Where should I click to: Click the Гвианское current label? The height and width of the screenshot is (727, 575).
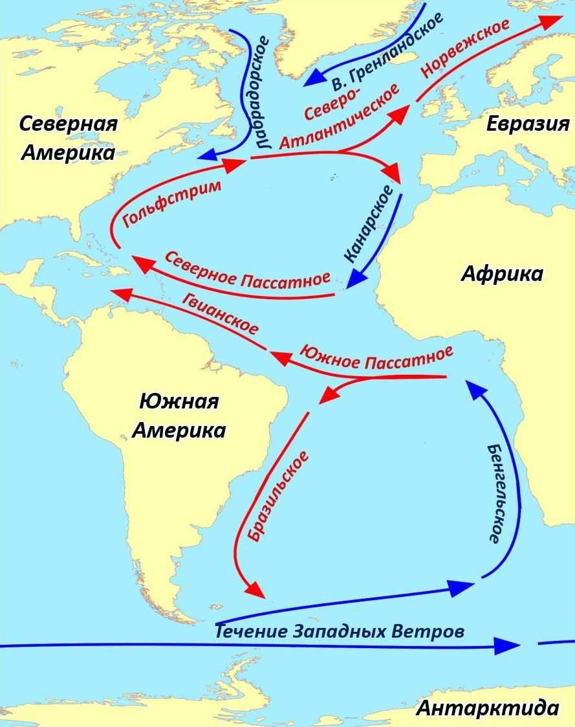[x=219, y=312]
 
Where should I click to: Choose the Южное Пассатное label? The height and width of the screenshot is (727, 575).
[x=375, y=357]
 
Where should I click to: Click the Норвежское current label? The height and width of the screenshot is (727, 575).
[x=465, y=48]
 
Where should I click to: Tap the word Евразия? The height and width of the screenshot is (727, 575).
[x=528, y=124]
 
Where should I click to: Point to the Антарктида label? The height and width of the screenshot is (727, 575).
[x=487, y=708]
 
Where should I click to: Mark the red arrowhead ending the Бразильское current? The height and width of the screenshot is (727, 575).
[x=256, y=590]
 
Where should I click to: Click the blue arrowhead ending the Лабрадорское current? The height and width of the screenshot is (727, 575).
[x=207, y=155]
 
